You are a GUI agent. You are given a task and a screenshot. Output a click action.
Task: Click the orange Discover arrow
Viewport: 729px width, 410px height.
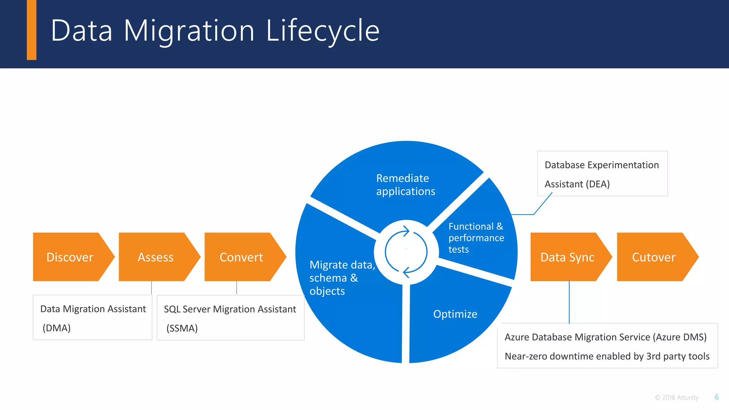click(x=70, y=257)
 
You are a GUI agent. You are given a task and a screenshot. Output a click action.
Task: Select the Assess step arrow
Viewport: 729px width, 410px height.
click(x=156, y=257)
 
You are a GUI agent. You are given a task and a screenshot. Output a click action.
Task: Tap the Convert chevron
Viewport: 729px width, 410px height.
click(x=241, y=257)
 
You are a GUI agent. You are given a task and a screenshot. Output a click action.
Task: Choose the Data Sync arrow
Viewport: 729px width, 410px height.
click(x=567, y=257)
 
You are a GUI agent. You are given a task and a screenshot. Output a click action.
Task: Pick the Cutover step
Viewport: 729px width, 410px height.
click(x=654, y=257)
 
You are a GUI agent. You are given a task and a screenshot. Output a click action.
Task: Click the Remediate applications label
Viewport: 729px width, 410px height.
click(x=405, y=185)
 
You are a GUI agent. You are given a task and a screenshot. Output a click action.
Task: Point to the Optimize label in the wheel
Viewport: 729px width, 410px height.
click(x=455, y=314)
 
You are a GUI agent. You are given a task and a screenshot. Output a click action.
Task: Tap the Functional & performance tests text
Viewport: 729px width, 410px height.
click(x=476, y=238)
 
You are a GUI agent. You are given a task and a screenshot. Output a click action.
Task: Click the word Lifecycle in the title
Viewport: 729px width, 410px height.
click(x=322, y=31)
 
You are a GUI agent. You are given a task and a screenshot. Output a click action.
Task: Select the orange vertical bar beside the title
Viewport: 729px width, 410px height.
click(x=32, y=30)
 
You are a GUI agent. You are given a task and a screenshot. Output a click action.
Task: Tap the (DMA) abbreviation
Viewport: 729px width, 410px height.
click(x=57, y=328)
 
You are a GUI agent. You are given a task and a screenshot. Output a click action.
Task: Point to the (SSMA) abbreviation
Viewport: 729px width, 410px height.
click(x=182, y=328)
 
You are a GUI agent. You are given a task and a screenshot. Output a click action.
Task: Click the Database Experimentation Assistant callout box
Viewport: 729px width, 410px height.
click(x=602, y=174)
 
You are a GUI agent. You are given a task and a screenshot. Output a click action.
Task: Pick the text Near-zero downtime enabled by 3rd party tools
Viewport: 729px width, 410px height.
click(x=607, y=356)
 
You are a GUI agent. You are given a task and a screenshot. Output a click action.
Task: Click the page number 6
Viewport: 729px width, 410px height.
click(x=717, y=397)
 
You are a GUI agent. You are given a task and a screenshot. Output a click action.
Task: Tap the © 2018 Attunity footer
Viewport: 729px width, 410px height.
click(x=676, y=398)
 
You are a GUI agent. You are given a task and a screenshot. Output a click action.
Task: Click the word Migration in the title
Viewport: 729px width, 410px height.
click(x=189, y=31)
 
